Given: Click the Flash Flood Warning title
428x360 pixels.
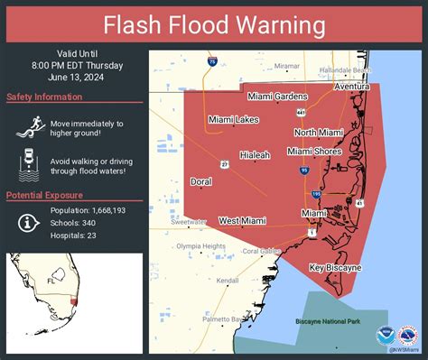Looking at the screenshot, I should click(x=214, y=23).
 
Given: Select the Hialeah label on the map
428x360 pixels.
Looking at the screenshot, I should click(x=255, y=155).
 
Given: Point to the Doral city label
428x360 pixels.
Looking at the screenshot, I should click(x=201, y=181).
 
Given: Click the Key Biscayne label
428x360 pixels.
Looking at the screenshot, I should click(x=335, y=268).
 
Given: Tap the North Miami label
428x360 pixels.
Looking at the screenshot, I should click(x=317, y=133).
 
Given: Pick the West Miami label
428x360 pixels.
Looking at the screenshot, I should click(x=240, y=220).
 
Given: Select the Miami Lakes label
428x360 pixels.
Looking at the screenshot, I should click(x=232, y=120).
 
